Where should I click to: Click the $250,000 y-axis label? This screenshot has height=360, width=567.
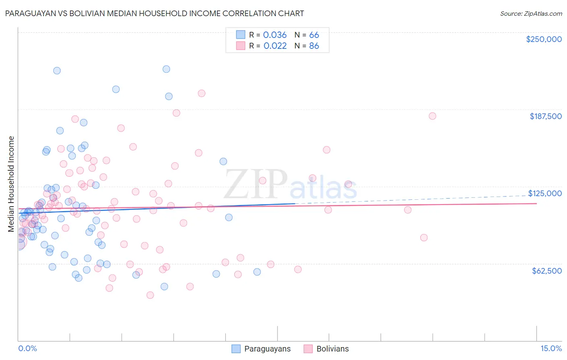coord(544,39)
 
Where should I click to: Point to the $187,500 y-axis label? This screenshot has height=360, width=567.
coord(545,116)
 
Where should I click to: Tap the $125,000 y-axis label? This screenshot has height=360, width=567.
coord(545,193)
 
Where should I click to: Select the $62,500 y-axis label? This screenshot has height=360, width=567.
coord(546,271)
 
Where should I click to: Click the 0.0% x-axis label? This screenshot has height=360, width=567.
coord(27,349)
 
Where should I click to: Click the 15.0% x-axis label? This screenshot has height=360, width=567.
coord(551,349)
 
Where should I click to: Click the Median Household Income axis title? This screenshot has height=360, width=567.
coord(11,184)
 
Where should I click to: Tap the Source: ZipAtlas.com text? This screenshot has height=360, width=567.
coord(531,13)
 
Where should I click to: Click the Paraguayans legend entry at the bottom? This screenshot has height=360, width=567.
coord(267,349)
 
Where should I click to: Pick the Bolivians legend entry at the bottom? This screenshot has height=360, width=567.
coord(332,349)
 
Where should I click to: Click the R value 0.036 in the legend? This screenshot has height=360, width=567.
coord(275,35)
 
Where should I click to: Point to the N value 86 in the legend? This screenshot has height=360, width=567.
coord(314,46)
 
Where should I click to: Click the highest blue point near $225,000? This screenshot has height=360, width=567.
coord(166,69)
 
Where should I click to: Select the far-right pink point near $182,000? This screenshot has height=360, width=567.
coord(432,116)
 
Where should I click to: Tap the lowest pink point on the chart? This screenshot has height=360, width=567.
coord(150,295)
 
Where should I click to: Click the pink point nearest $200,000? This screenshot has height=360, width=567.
coord(202,93)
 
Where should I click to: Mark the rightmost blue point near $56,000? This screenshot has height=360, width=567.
coord(257,272)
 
